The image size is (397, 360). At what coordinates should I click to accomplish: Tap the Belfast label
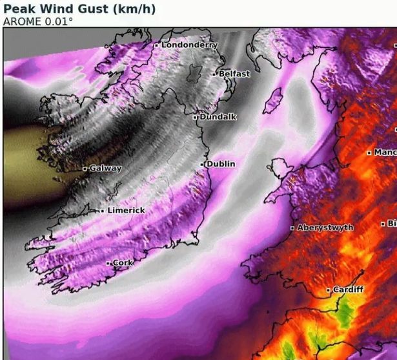pyautogui.click(x=234, y=74)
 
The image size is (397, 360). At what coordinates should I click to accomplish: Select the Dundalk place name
pyautogui.click(x=218, y=117)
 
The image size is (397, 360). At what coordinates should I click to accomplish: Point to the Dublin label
pyautogui.click(x=221, y=164)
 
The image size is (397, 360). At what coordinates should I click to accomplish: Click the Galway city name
pyautogui.click(x=105, y=169)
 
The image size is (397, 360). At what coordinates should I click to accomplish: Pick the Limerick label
pyautogui.click(x=126, y=211)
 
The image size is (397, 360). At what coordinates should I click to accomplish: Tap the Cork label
pyautogui.click(x=123, y=263)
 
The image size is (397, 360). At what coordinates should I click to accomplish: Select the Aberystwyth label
pyautogui.click(x=325, y=228)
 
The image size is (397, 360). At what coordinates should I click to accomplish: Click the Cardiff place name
pyautogui.click(x=348, y=290)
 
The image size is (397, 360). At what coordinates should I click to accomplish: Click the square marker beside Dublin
pyautogui.click(x=202, y=165)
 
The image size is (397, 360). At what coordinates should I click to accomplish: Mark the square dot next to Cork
pyautogui.click(x=108, y=263)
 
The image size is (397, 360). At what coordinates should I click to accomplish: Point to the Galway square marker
pyautogui.click(x=85, y=169)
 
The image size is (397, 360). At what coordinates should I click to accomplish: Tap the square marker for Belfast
pyautogui.click(x=215, y=74)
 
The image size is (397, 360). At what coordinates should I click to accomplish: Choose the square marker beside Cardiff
pyautogui.click(x=329, y=290)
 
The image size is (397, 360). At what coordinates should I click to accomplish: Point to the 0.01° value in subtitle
pyautogui.click(x=57, y=21)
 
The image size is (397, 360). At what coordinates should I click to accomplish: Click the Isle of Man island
pyautogui.click(x=274, y=101)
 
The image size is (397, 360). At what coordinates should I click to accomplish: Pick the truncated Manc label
pyautogui.click(x=385, y=153)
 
